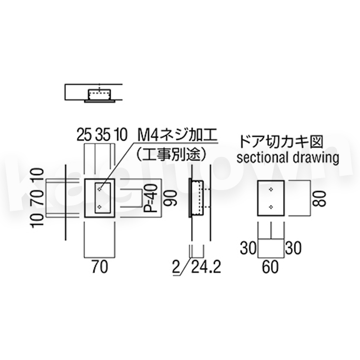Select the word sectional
(x=262, y=157)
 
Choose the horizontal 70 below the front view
(x=100, y=267)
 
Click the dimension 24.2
(x=207, y=267)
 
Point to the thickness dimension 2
(x=176, y=267)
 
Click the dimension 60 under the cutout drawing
(x=271, y=267)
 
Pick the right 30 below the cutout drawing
(x=293, y=248)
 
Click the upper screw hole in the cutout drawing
(x=271, y=189)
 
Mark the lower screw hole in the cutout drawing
(x=271, y=207)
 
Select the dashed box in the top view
(x=100, y=94)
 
